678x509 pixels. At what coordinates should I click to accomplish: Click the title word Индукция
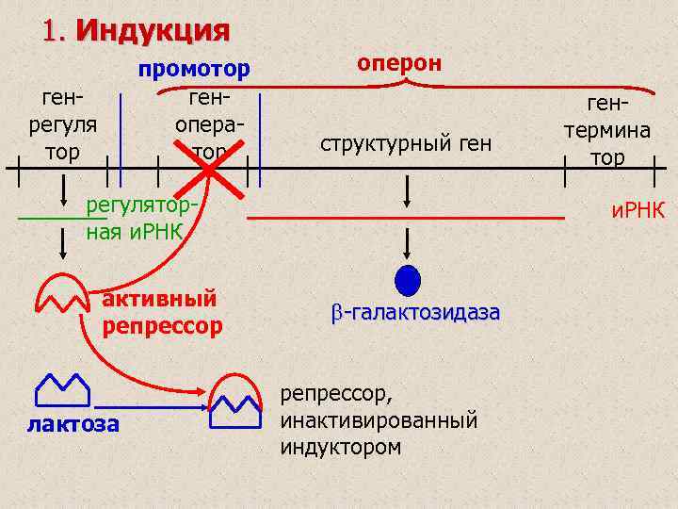153,30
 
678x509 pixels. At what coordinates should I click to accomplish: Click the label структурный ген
406,144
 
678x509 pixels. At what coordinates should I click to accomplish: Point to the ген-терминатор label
607,129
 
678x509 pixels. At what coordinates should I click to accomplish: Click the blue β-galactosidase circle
407,281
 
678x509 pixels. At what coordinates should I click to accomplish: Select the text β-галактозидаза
414,312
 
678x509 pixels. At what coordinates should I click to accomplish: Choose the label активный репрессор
161,313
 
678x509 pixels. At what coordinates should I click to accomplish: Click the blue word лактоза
73,424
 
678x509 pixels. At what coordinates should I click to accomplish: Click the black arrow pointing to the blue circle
407,244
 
